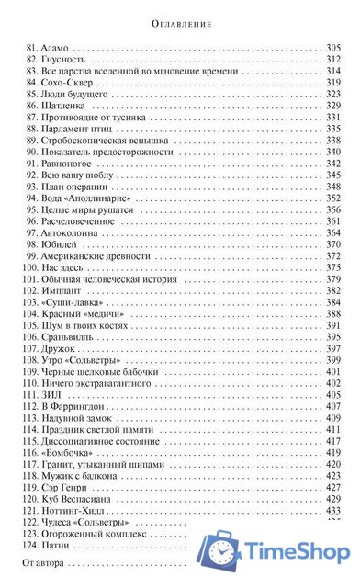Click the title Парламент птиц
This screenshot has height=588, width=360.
pos(80,130)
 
